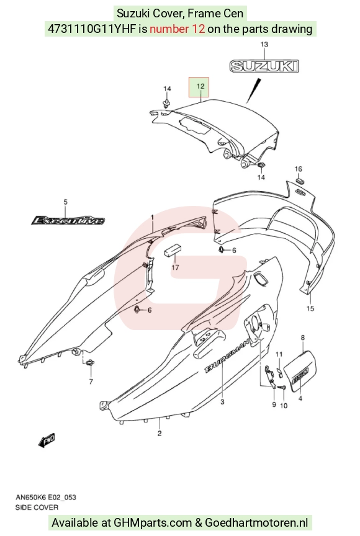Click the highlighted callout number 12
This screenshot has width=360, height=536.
pyautogui.click(x=200, y=86)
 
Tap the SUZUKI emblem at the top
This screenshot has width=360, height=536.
pyautogui.click(x=264, y=66)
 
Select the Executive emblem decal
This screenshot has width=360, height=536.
pyautogui.click(x=68, y=220)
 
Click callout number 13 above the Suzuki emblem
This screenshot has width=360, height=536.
pyautogui.click(x=264, y=45)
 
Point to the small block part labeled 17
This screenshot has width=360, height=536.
pyautogui.click(x=172, y=250)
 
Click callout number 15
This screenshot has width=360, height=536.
pyautogui.click(x=310, y=308)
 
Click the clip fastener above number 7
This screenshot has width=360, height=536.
pyautogui.click(x=91, y=363)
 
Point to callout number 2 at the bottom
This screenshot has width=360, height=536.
pyautogui.click(x=160, y=434)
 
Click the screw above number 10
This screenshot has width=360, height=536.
pyautogui.click(x=282, y=387)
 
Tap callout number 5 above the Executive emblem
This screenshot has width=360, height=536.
pyautogui.click(x=66, y=202)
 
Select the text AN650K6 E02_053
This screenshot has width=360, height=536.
pyautogui.click(x=46, y=497)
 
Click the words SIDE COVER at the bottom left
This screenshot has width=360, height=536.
pyautogui.click(x=37, y=507)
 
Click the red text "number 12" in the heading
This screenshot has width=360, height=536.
pyautogui.click(x=177, y=29)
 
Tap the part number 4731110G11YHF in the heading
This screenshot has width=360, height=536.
pyautogui.click(x=92, y=29)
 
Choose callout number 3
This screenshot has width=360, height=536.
pyautogui.click(x=222, y=401)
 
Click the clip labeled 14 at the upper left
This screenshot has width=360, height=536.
pyautogui.click(x=167, y=103)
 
